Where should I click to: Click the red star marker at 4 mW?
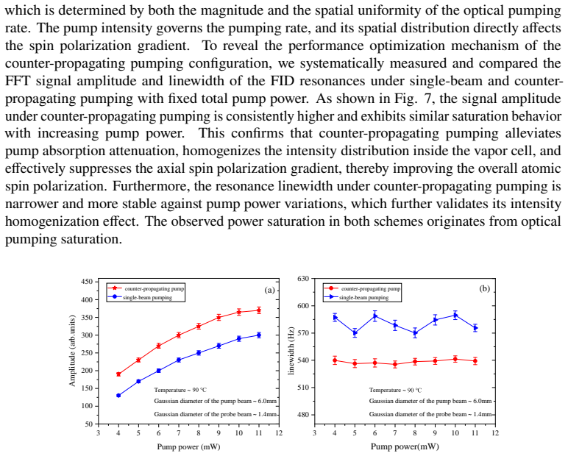pyautogui.click(x=118, y=374)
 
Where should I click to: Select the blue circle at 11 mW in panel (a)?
pyautogui.click(x=259, y=335)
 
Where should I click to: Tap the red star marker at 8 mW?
pyautogui.click(x=199, y=327)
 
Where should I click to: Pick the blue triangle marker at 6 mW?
pyautogui.click(x=375, y=316)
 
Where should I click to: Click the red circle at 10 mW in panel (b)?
pyautogui.click(x=455, y=360)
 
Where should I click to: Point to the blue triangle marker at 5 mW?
pyautogui.click(x=355, y=333)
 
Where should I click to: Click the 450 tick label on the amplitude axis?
pyautogui.click(x=88, y=282)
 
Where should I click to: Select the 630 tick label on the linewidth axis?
pyautogui.click(x=303, y=279)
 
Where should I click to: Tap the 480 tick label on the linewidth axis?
pyautogui.click(x=303, y=415)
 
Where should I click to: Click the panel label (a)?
pyautogui.click(x=270, y=290)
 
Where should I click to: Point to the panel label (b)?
pyautogui.click(x=485, y=288)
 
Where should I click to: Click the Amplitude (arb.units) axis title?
pyautogui.click(x=72, y=351)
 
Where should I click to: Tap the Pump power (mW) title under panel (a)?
pyautogui.click(x=188, y=446)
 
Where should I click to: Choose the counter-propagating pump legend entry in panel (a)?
pyautogui.click(x=146, y=288)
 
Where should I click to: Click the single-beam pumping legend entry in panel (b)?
pyautogui.click(x=357, y=297)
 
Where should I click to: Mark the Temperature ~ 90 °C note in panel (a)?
pyautogui.click(x=180, y=390)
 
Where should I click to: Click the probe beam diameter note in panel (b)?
pyautogui.click(x=430, y=414)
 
